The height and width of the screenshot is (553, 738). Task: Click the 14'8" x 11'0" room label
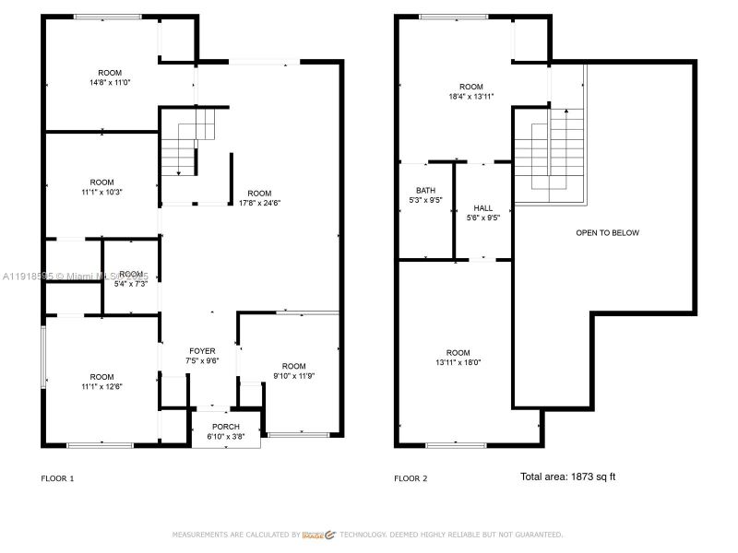pos(110,77)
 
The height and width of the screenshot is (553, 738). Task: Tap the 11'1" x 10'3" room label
pos(101,187)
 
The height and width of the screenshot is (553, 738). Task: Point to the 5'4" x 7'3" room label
pos(131,279)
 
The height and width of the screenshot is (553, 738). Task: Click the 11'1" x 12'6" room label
pos(101,382)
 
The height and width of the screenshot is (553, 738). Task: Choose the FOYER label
pos(202,356)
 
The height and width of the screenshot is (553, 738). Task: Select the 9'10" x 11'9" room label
pos(293,371)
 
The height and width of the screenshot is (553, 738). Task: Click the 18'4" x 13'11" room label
pos(471,91)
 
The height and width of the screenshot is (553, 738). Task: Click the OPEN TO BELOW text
pos(607,233)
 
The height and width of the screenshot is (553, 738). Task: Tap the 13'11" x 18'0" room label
pos(458,358)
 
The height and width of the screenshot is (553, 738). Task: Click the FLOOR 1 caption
pos(58,478)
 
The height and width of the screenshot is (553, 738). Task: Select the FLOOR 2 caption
pos(411,478)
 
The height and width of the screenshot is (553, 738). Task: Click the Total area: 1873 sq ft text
pos(567,477)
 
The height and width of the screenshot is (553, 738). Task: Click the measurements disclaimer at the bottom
pos(367,535)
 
